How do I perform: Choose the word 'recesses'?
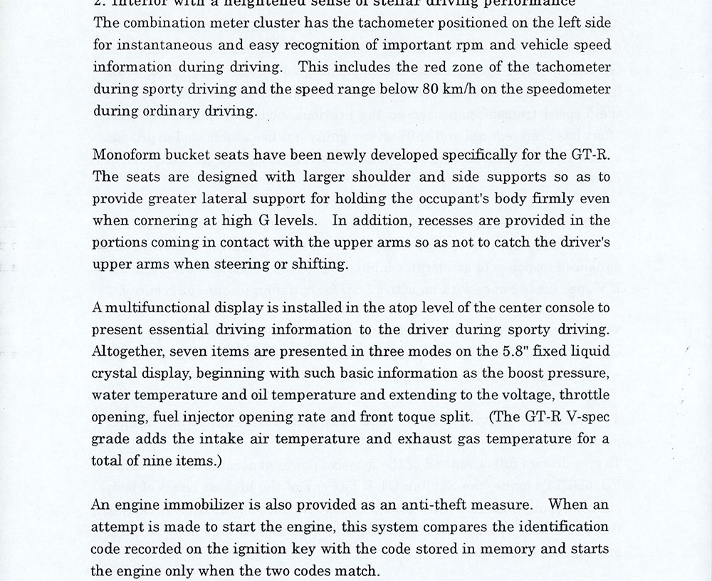(x=431, y=220)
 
